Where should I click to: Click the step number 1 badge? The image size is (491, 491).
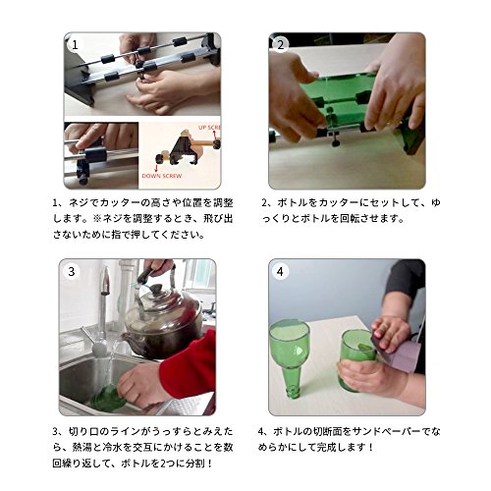75,45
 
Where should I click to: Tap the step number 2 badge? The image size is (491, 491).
281,45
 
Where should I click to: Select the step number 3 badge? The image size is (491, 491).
72,271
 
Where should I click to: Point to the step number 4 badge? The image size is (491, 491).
280,272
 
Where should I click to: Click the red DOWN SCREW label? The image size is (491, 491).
162,176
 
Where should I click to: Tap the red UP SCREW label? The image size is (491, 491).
209,127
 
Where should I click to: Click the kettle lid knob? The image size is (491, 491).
155,289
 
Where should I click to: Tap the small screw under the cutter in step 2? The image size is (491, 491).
335,142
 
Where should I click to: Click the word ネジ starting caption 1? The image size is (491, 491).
78,203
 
